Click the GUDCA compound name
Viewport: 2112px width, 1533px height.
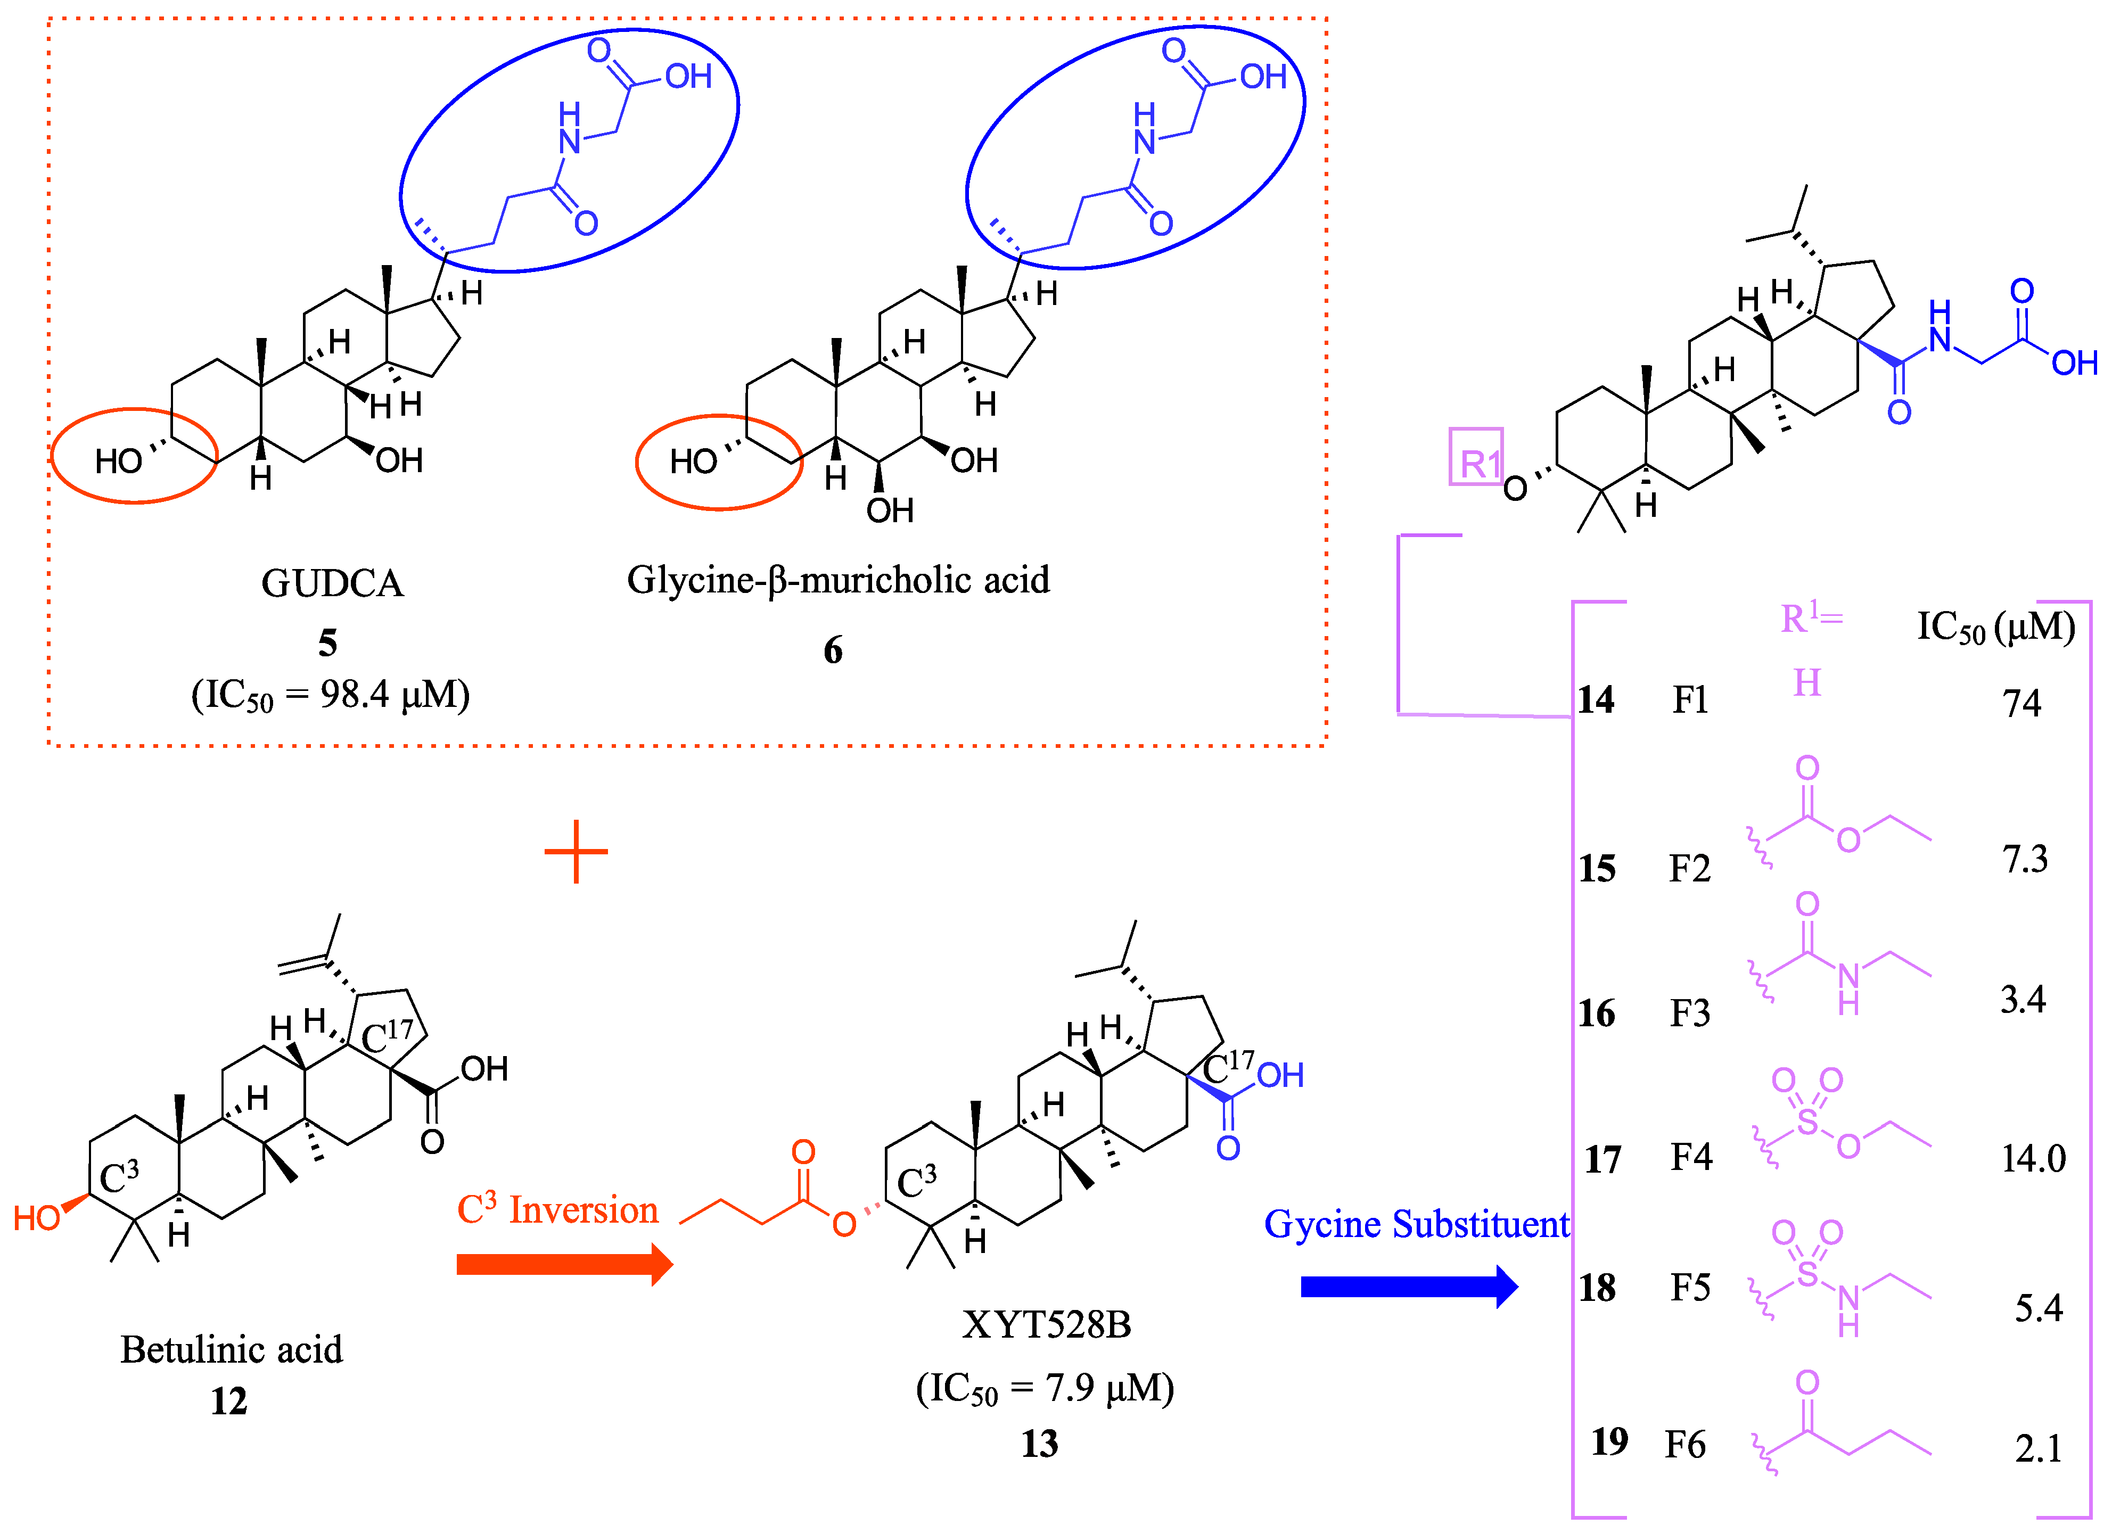[332, 583]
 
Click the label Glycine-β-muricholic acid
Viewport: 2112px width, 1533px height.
[838, 580]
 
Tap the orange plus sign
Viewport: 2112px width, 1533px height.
[577, 851]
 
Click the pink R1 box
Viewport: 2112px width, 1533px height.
[1476, 457]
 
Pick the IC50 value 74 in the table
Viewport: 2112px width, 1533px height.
[2021, 704]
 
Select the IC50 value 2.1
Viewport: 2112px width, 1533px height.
[2037, 1449]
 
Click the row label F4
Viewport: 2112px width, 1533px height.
[1691, 1157]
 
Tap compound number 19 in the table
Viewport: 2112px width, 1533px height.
[1609, 1442]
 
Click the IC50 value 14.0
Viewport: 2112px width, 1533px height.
[2033, 1159]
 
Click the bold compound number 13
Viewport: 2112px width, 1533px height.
[1039, 1444]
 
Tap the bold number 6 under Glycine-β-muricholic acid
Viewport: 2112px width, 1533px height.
[833, 650]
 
